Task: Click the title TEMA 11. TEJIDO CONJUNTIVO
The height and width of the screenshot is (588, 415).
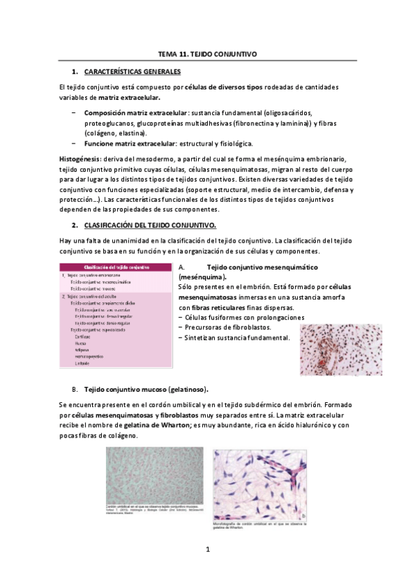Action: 207,53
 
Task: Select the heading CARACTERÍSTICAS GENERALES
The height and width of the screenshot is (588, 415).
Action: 132,71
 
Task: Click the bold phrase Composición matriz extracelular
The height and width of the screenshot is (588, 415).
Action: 136,112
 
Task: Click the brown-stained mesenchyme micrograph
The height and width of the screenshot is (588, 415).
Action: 342,349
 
